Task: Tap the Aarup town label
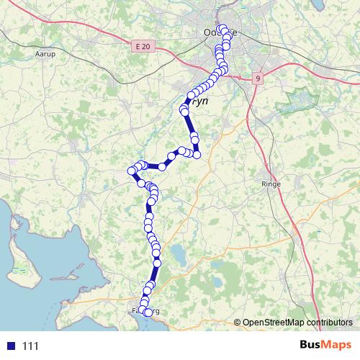coord(45,54)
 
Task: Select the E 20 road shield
coord(144,47)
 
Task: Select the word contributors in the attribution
coord(333,322)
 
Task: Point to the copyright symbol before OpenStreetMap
coord(238,322)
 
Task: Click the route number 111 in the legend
coord(30,346)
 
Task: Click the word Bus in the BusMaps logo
coord(312,345)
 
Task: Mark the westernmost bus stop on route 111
coord(132,171)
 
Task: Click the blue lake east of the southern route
coord(176,254)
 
